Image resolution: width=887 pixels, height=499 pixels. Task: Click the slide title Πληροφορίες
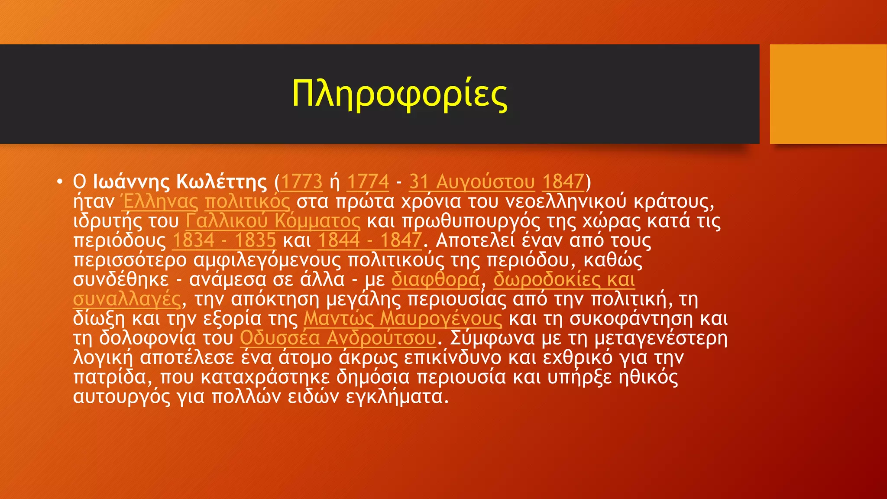pos(399,94)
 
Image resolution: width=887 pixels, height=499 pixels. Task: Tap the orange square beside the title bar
pos(828,94)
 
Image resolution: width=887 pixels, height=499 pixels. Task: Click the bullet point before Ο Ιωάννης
pos(60,181)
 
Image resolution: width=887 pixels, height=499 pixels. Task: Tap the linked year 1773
pos(302,181)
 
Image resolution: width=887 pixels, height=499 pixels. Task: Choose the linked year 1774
pos(368,181)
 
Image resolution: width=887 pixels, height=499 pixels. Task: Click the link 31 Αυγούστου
pos(472,181)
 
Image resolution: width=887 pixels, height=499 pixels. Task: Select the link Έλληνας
pos(159,201)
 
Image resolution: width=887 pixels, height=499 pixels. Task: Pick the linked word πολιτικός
pos(247,201)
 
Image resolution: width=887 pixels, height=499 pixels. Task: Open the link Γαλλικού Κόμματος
pos(273,221)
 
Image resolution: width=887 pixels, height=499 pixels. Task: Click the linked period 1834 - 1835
pos(224,240)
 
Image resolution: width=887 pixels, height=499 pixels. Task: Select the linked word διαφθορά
pos(436,279)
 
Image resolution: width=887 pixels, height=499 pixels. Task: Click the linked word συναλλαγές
pos(126,299)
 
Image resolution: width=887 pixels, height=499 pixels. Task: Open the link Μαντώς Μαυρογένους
pos(403,318)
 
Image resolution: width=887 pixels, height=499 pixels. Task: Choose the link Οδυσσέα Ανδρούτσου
pos(338,338)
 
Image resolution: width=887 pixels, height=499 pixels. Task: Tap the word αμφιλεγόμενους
pos(267,260)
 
